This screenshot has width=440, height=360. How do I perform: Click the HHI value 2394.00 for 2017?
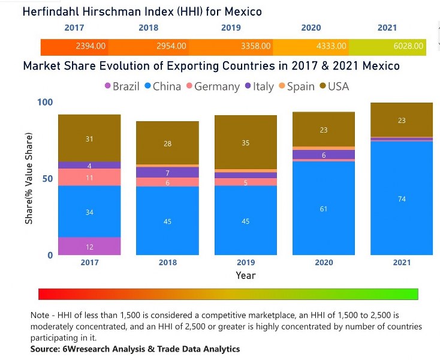click(x=91, y=46)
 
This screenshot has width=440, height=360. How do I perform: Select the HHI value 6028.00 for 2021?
click(x=408, y=46)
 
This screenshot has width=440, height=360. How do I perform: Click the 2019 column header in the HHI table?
click(x=231, y=28)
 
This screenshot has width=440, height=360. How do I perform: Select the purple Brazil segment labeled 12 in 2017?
click(x=89, y=247)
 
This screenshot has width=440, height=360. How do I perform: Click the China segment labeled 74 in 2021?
click(x=402, y=199)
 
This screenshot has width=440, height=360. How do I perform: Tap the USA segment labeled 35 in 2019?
click(x=245, y=143)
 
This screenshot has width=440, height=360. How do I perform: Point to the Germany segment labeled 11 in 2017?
click(x=89, y=178)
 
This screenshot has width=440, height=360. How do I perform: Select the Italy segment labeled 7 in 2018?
click(x=167, y=173)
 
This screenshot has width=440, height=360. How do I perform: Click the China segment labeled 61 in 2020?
click(x=323, y=208)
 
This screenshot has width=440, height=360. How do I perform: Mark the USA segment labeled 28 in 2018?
click(x=167, y=143)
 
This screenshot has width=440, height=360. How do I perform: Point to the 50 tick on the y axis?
click(x=45, y=179)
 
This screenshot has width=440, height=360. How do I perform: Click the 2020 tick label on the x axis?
click(x=323, y=262)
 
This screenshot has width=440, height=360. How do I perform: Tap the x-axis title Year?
click(x=245, y=275)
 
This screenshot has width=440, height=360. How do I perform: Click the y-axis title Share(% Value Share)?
click(x=29, y=178)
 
